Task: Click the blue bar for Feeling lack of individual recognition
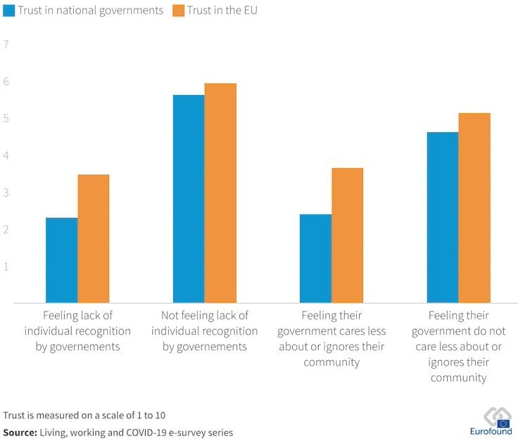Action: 62,260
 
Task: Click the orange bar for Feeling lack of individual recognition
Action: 94,239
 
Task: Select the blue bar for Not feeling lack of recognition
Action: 189,199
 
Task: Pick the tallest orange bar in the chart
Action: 220,193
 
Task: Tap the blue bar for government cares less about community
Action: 315,259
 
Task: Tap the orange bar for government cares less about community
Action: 347,236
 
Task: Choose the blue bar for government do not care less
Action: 442,217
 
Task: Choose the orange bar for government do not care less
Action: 474,208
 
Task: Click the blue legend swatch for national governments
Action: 11,11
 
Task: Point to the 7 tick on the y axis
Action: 6,44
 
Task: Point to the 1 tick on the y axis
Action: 6,267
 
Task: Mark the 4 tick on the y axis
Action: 6,155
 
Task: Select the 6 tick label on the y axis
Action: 6,82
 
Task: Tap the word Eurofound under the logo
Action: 491,432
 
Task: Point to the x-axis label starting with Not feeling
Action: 204,330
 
